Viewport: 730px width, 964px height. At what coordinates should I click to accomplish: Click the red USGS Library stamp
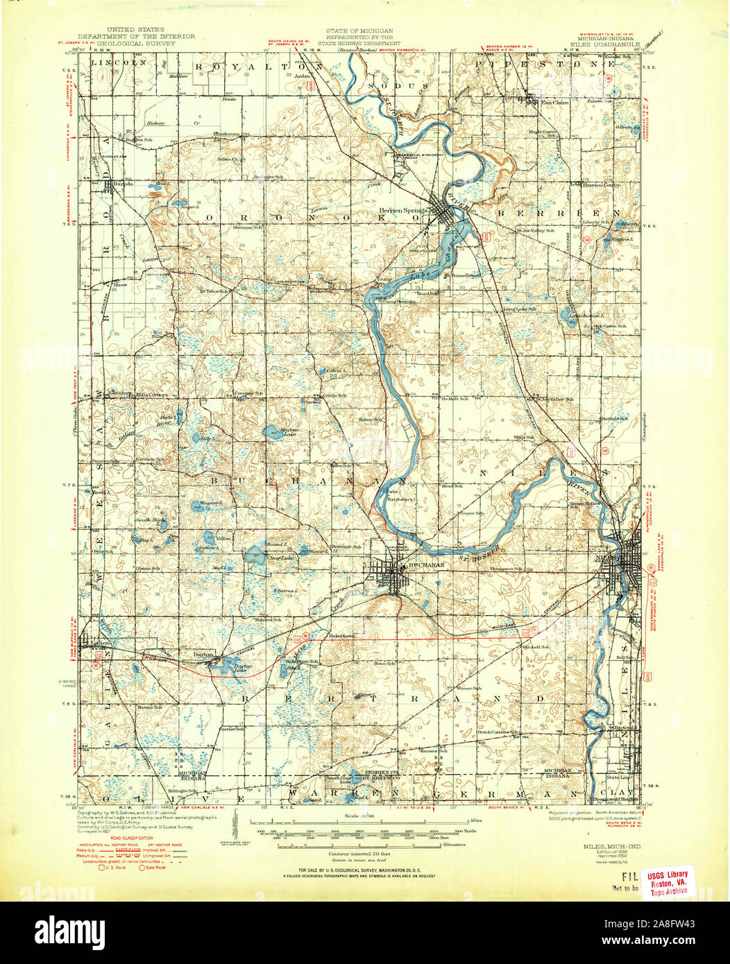668,882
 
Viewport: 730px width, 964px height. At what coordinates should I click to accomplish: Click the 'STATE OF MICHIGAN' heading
359,31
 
